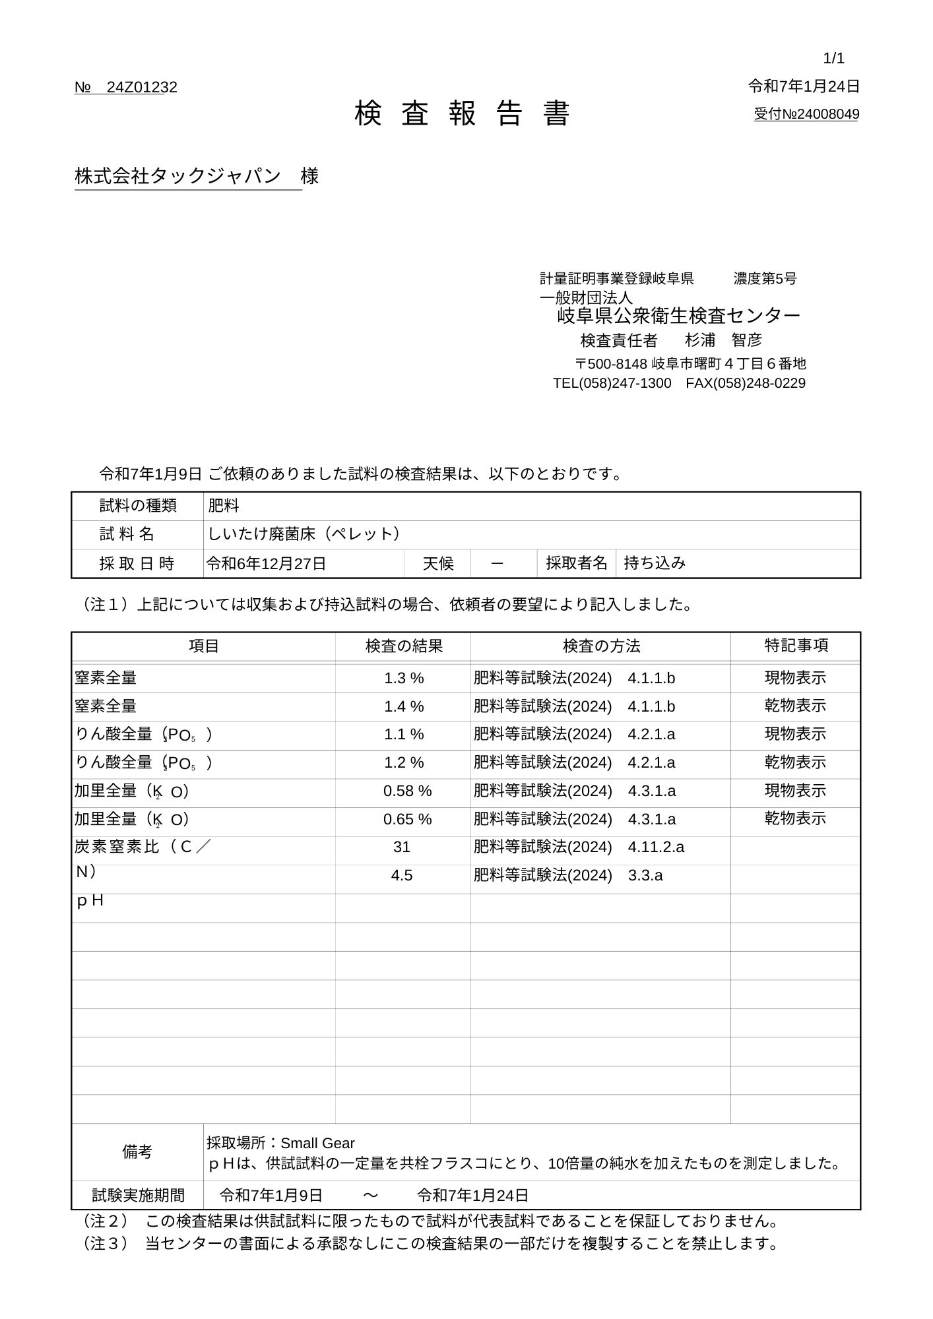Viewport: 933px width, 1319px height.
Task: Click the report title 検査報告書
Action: click(462, 114)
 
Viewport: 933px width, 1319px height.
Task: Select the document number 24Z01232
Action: click(141, 88)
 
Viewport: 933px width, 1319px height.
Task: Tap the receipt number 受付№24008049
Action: click(806, 114)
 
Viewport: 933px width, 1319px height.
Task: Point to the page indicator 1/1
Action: click(833, 59)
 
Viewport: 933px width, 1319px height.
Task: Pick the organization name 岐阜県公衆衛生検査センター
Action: click(678, 316)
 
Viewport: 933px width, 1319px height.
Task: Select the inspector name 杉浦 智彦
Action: click(723, 340)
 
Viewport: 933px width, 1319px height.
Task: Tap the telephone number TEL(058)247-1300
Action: click(612, 383)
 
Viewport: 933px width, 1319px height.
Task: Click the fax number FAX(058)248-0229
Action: click(745, 383)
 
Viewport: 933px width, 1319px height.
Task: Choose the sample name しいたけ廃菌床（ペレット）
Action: click(304, 534)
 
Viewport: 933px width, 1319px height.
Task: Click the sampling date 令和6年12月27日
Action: click(267, 563)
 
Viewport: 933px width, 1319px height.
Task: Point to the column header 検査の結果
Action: click(404, 646)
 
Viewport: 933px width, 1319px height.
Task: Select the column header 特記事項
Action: click(796, 646)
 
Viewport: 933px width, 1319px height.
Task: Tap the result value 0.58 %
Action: click(407, 791)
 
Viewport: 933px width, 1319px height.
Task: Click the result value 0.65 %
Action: click(407, 819)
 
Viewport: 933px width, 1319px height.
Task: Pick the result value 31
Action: click(402, 847)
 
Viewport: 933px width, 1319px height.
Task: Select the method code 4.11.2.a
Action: click(656, 847)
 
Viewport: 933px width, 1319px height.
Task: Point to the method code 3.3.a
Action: click(645, 876)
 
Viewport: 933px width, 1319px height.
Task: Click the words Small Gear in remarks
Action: click(317, 1143)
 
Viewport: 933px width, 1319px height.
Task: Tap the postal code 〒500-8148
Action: click(611, 364)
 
